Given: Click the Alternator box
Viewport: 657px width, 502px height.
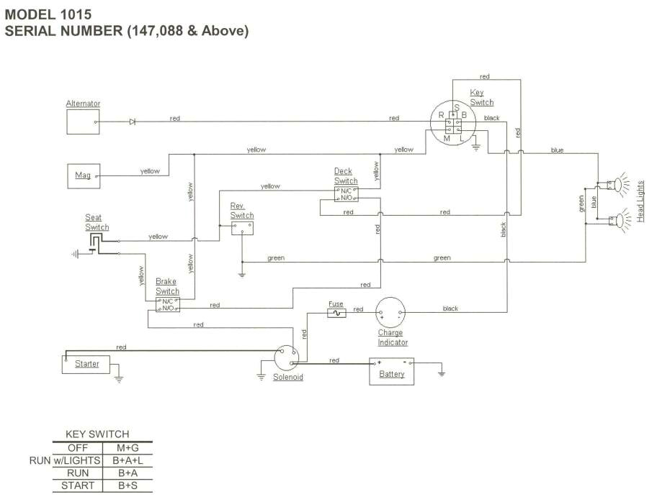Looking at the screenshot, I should (83, 122).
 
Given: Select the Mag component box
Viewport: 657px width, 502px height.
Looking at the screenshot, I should (83, 175).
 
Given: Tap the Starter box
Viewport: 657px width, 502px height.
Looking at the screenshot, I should (86, 364).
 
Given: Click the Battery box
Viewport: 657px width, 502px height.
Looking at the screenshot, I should (392, 371).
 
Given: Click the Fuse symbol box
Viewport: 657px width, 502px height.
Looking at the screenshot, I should (336, 314).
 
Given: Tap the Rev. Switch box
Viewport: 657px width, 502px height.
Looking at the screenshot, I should (242, 227).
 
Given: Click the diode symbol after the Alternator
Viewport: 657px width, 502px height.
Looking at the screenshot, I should (133, 122).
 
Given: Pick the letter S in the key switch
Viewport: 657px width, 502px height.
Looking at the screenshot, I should (456, 107).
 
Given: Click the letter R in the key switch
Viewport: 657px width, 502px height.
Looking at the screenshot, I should (441, 115).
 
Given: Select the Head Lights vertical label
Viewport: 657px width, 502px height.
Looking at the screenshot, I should (640, 201).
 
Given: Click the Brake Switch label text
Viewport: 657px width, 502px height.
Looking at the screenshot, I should (167, 286).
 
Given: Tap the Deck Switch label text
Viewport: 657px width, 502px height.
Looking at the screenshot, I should (345, 176).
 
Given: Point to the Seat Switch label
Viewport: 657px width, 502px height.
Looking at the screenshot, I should (97, 222).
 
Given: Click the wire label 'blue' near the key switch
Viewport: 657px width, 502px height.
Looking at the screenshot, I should (557, 150).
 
